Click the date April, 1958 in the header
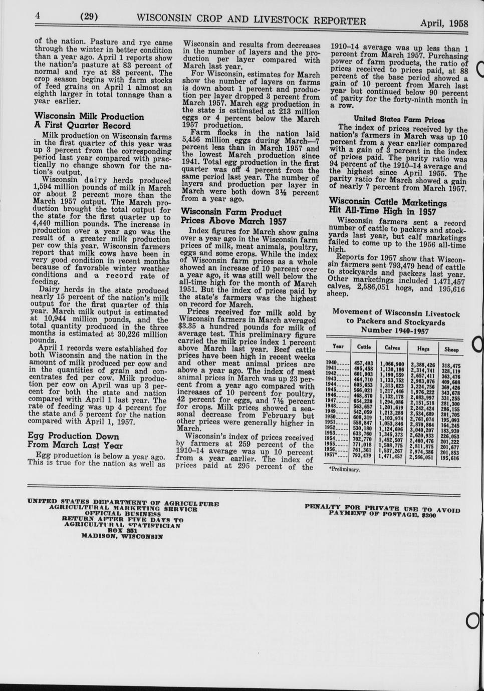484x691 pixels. tap(444, 24)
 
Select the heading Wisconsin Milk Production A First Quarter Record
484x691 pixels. tap(89, 121)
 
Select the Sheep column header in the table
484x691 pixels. tap(451, 349)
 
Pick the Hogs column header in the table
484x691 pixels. tap(423, 348)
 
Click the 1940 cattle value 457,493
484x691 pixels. tap(363, 363)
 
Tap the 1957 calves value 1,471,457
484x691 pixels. tap(391, 456)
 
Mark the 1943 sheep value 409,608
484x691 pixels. tap(451, 382)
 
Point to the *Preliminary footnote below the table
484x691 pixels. tap(345, 470)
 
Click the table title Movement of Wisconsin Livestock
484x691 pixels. tap(396, 314)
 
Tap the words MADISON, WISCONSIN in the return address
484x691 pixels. tap(122, 536)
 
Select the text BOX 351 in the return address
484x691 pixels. tap(122, 530)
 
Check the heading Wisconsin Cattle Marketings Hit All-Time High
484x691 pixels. tap(388, 207)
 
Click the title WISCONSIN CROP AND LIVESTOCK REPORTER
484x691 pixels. tap(251, 20)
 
